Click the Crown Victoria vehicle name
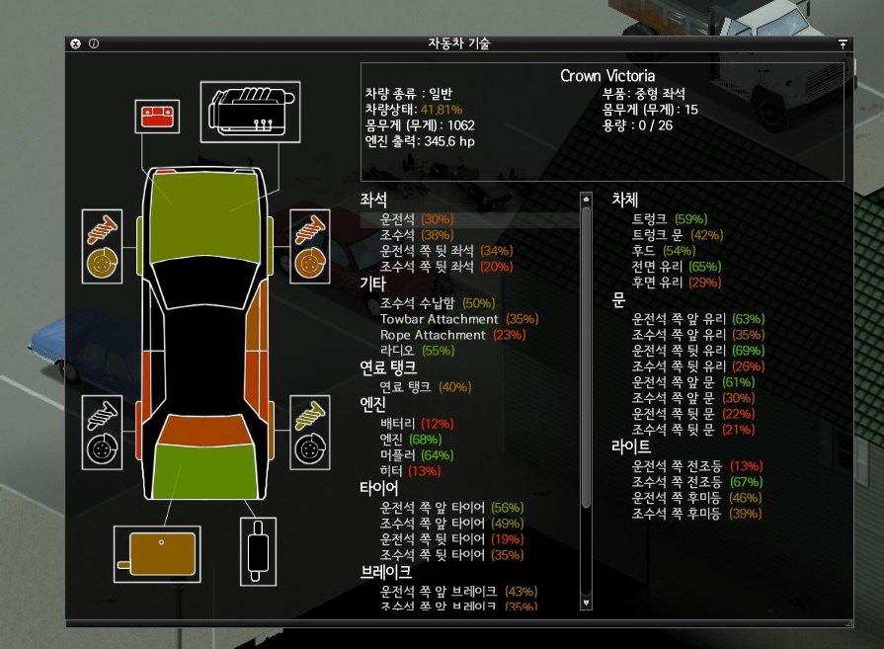607,76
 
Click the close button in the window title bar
76,43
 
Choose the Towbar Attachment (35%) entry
446,319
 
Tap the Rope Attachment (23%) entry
440,335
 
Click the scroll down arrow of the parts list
586,603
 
